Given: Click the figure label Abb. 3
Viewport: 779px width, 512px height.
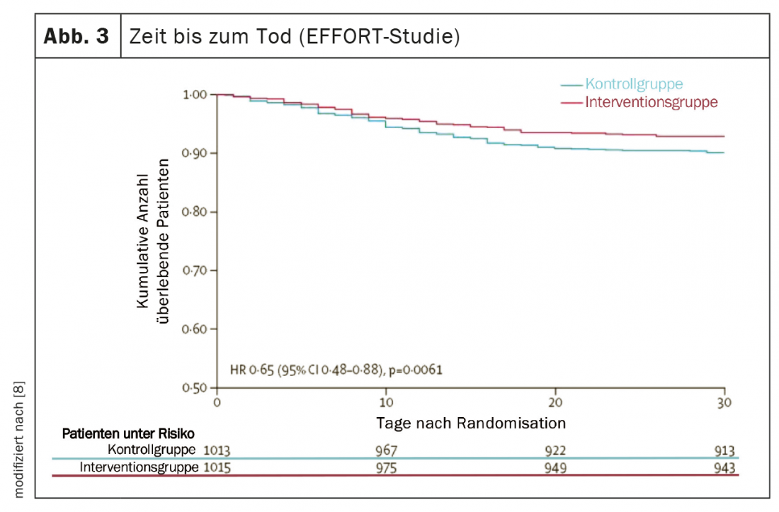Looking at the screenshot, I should [x=77, y=36].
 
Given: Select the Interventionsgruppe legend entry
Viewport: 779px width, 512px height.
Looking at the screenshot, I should [x=651, y=102].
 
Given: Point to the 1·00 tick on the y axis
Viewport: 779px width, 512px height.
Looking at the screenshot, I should [x=194, y=94].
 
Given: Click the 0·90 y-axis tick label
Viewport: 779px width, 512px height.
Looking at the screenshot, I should [x=194, y=153].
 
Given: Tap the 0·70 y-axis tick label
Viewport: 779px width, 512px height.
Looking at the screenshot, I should [x=194, y=271].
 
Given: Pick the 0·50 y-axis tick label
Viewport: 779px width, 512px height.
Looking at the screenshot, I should [x=194, y=388].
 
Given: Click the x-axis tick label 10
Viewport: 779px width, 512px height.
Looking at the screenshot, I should [x=385, y=402].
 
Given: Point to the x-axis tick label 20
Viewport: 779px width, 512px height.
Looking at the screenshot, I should [x=555, y=402].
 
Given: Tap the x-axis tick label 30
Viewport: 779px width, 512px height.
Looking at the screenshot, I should [x=724, y=402].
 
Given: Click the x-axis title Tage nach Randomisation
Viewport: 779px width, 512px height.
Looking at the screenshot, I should [x=470, y=423].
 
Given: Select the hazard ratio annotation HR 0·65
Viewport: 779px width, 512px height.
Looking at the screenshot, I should [x=336, y=369].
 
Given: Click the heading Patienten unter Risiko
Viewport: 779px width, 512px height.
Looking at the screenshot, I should [x=128, y=433].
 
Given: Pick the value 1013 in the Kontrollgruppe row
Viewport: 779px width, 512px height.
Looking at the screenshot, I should [x=217, y=450].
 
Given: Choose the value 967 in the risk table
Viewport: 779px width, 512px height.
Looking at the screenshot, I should [x=387, y=450].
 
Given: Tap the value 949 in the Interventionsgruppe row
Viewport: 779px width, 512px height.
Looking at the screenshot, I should [x=555, y=468].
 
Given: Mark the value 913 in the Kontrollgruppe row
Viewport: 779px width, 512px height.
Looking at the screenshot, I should [x=724, y=450].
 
